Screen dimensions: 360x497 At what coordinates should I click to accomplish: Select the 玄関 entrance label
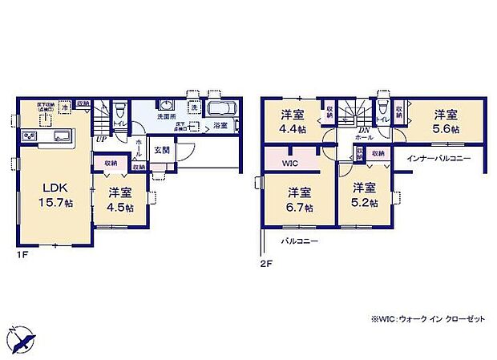point(160,149)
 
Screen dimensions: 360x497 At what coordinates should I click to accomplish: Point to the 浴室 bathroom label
point(220,127)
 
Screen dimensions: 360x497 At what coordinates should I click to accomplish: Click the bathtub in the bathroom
point(219,110)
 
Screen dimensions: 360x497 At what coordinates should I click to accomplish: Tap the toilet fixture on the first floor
point(119,110)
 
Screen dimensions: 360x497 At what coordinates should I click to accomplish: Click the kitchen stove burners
point(29,138)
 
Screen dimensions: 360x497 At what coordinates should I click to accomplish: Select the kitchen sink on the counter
point(63,137)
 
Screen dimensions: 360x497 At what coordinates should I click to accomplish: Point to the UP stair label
point(102,140)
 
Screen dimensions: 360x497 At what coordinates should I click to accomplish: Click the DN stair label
point(363,131)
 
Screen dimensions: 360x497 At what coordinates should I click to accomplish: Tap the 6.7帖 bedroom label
point(300,199)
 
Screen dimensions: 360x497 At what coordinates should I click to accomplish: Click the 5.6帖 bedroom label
point(446,121)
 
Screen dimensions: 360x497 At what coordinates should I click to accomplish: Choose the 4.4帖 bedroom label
point(293,120)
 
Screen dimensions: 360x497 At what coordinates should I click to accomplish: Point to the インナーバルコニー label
point(438,159)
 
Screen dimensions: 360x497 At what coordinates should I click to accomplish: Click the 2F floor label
point(266,261)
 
